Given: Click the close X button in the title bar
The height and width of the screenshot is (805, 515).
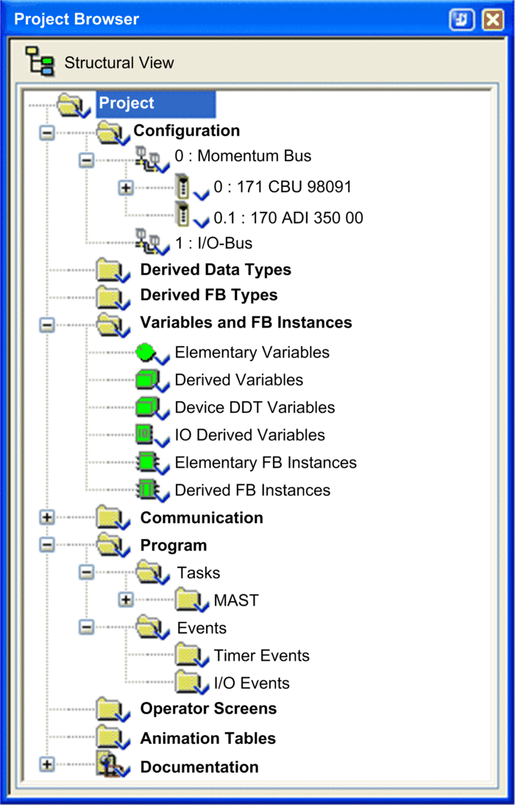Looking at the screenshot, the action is [492, 20].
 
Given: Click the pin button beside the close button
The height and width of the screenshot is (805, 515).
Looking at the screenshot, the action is [461, 20].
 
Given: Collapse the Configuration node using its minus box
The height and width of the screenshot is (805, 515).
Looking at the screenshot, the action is [47, 133].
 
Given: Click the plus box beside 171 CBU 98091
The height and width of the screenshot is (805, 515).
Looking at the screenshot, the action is [125, 188].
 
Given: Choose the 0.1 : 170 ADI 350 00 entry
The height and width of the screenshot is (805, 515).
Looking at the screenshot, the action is [288, 218].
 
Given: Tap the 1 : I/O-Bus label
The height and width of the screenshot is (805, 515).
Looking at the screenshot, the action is [213, 243].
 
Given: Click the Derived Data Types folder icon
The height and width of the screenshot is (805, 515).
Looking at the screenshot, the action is [111, 270].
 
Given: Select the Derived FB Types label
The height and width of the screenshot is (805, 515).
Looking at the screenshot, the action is [209, 295].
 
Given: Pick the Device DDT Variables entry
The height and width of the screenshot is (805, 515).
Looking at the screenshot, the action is [255, 408].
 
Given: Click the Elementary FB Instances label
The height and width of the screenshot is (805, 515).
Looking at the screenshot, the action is [266, 463].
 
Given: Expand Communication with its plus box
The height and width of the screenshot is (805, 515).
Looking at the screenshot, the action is [47, 517].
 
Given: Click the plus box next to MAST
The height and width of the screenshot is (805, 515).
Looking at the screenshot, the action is [125, 599].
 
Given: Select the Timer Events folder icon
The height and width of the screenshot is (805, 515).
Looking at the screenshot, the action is [190, 656].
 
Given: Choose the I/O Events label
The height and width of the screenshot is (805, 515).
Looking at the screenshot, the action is [252, 684].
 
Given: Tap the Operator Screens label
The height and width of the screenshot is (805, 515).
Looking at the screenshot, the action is [208, 709].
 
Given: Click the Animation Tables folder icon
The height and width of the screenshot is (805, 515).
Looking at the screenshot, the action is [111, 738].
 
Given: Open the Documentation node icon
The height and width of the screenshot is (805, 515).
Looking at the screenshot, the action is [111, 766].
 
